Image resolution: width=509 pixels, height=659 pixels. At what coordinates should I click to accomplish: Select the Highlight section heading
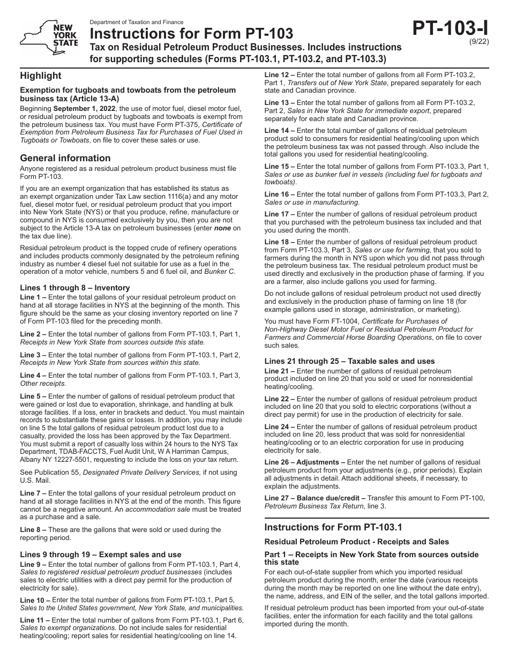tap(41, 76)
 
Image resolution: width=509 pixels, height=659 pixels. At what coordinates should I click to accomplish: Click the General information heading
tap(65, 158)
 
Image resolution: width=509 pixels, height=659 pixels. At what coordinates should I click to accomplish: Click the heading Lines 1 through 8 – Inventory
tap(75, 288)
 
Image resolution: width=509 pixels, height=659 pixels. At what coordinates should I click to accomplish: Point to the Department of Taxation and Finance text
tap(137, 23)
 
